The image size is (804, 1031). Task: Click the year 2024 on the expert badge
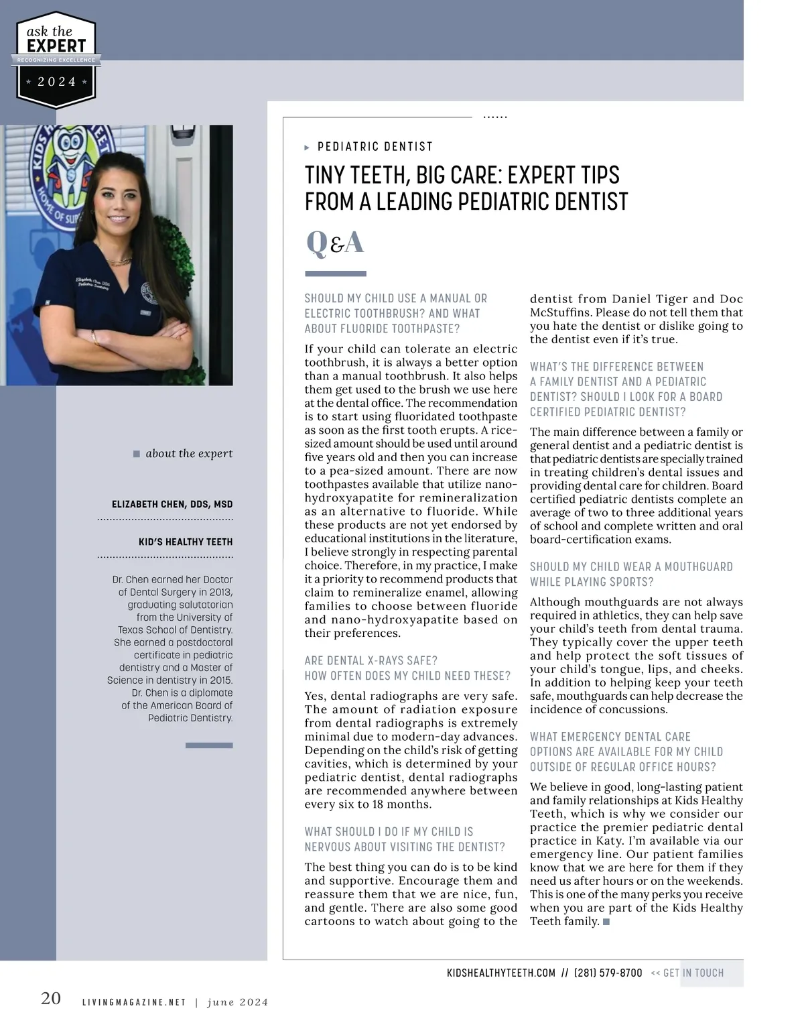(56, 82)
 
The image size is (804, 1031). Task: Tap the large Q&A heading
(334, 243)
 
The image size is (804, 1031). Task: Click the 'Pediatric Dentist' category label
(375, 147)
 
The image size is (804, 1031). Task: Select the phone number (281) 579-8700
(608, 973)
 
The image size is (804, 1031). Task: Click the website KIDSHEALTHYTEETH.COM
(500, 973)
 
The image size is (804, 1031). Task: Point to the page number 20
(51, 998)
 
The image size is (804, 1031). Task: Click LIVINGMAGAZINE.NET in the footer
(133, 1002)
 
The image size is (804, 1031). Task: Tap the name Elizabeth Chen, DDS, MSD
(172, 504)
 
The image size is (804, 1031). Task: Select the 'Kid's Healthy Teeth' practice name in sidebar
(186, 542)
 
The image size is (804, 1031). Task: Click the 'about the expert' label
(188, 454)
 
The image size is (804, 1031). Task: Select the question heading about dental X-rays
(407, 668)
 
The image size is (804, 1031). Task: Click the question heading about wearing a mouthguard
(630, 574)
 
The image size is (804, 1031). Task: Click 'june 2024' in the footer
(237, 1002)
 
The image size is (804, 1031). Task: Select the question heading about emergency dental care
(626, 751)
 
